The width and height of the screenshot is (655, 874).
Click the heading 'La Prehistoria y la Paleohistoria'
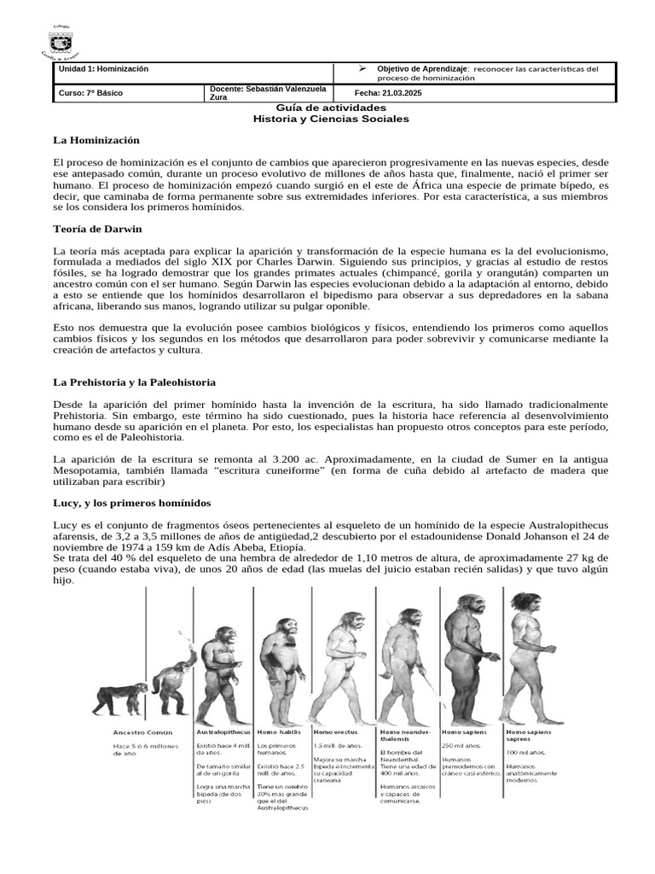[134, 382]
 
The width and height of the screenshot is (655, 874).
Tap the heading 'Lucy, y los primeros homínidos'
[131, 503]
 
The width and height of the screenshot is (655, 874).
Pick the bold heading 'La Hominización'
[96, 139]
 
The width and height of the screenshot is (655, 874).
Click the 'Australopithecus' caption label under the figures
[223, 732]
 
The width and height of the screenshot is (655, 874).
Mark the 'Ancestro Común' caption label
[142, 732]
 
